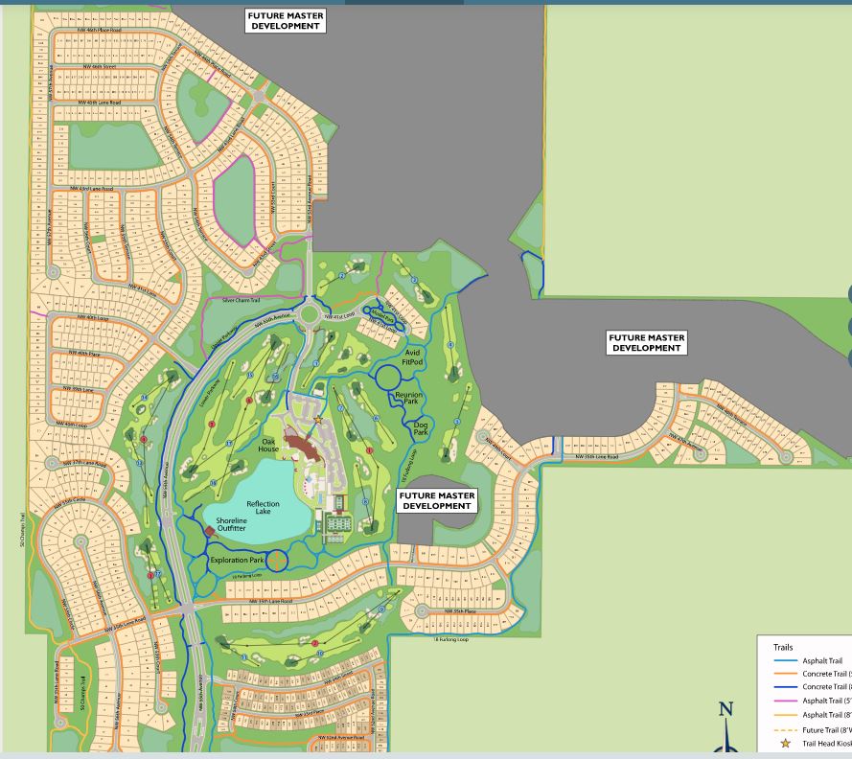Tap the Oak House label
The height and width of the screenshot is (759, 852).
(x=268, y=446)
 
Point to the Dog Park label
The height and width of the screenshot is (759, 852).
(x=421, y=428)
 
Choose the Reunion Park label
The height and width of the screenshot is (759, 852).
(x=408, y=399)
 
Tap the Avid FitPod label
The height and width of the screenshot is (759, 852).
(x=413, y=357)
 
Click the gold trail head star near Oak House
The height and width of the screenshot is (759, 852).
(x=318, y=419)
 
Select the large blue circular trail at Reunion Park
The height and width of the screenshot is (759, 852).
(x=387, y=377)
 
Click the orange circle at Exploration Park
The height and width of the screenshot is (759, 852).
(x=276, y=561)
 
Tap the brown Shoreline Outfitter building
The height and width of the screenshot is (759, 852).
(x=210, y=531)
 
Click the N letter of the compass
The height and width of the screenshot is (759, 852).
(x=725, y=710)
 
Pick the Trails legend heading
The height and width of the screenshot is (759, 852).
(x=783, y=648)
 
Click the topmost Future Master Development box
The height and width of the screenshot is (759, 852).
(x=286, y=21)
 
